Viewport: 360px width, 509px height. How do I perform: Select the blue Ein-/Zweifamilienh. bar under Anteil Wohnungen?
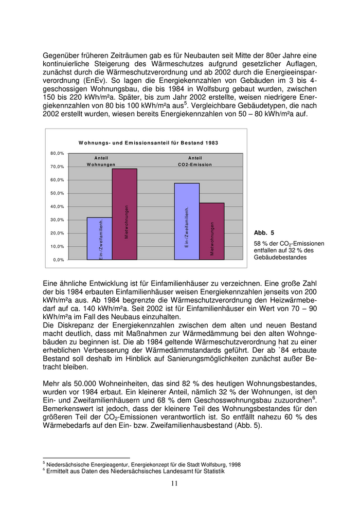(x=99, y=239)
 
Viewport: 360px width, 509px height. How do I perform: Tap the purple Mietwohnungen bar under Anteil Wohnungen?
(x=124, y=214)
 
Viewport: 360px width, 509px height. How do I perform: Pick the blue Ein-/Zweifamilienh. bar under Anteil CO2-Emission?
(x=187, y=221)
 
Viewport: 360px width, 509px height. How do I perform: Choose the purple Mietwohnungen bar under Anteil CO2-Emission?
(x=212, y=231)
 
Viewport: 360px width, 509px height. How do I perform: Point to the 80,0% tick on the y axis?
(x=57, y=153)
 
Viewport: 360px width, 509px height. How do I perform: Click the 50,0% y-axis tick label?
(x=57, y=193)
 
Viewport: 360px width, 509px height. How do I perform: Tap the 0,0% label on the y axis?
(x=59, y=260)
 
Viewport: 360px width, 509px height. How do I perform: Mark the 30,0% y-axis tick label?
(x=57, y=220)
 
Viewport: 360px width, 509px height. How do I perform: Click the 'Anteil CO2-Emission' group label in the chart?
(x=194, y=161)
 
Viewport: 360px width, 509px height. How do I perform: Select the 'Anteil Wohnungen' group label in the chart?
(x=101, y=161)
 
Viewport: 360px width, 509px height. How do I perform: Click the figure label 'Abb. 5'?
(x=264, y=233)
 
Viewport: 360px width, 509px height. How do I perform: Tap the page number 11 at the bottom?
(x=174, y=483)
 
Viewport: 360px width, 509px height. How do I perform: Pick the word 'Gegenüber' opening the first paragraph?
(x=62, y=54)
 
